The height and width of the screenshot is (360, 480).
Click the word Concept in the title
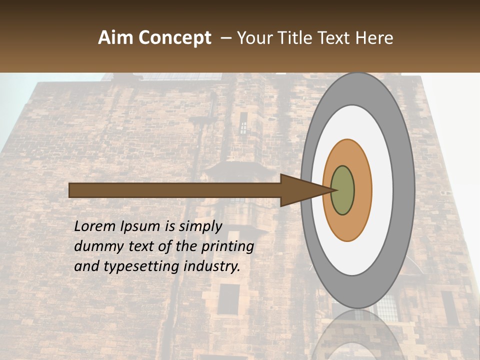click(x=175, y=38)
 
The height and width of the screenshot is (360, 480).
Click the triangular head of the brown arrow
click(x=300, y=190)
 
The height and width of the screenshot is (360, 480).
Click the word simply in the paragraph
click(x=200, y=226)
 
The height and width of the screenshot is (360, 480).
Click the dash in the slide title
click(x=225, y=38)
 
